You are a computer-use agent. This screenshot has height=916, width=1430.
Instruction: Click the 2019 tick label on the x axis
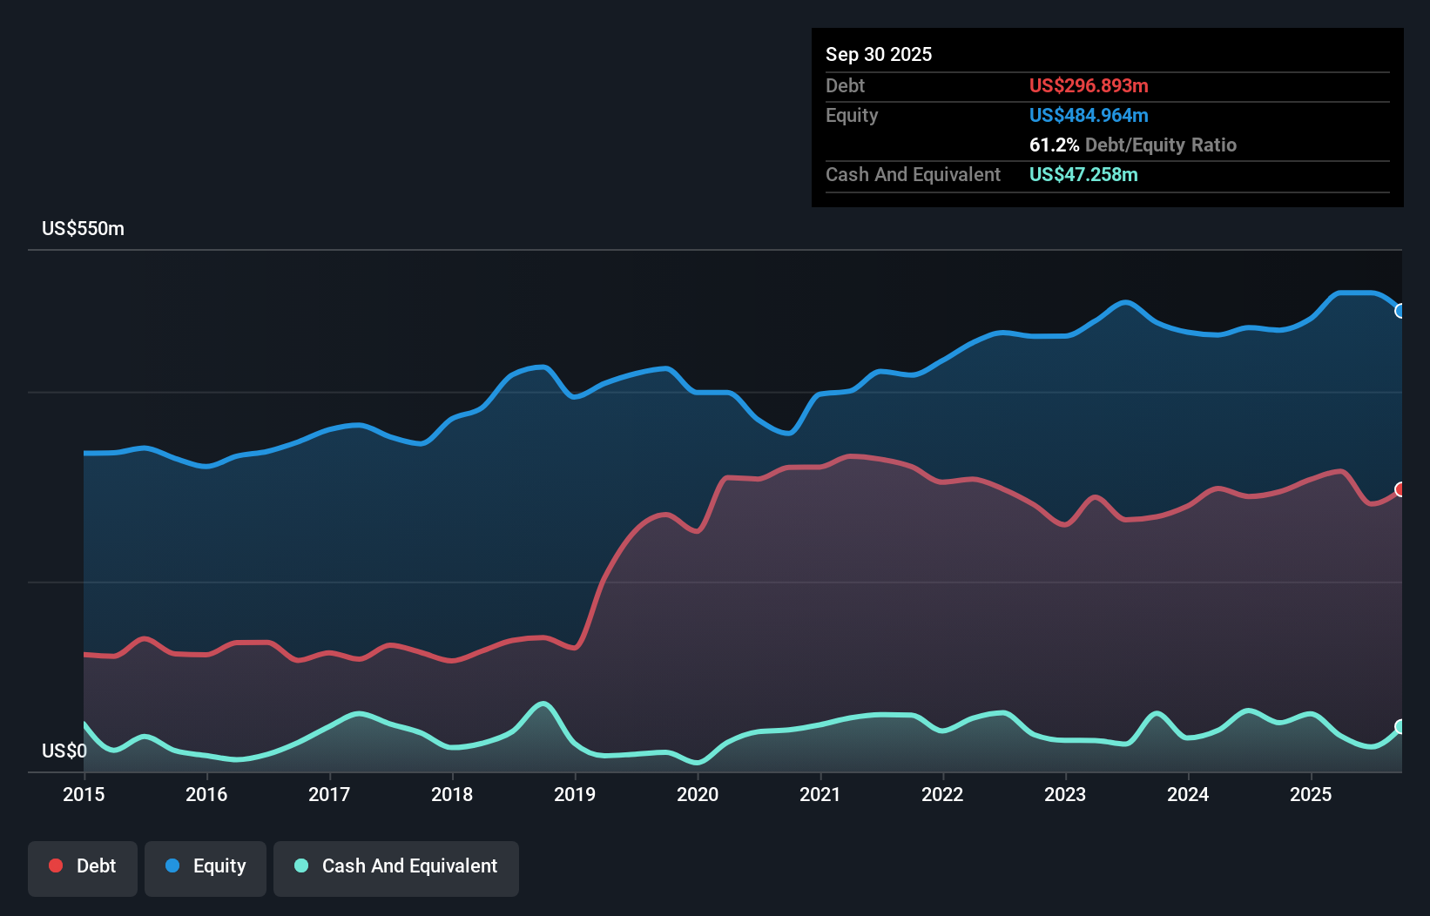click(575, 794)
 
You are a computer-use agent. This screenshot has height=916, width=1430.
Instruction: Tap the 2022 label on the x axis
click(942, 794)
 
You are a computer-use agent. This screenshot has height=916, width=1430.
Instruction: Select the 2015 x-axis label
click(84, 794)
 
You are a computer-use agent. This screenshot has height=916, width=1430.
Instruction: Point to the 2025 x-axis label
click(1311, 794)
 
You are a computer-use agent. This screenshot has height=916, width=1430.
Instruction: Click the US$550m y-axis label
click(83, 228)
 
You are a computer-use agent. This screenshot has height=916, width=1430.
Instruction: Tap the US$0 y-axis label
click(64, 751)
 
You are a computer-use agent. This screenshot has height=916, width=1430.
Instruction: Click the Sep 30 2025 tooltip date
click(878, 54)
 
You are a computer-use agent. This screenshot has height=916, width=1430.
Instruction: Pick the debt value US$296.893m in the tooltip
click(1088, 85)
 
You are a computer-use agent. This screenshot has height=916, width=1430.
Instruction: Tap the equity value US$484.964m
click(1088, 115)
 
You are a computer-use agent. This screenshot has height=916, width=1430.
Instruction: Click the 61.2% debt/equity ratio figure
click(1054, 145)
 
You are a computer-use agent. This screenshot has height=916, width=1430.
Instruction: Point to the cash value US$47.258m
click(1083, 174)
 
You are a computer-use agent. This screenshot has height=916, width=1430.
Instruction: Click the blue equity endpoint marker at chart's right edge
click(1400, 311)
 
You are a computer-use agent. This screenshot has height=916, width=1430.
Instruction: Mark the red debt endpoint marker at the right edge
click(1400, 489)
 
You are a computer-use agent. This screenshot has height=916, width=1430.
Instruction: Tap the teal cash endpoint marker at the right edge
click(1400, 726)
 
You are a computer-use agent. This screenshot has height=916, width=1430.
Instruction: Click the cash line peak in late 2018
click(543, 704)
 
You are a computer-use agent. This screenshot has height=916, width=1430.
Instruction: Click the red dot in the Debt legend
click(56, 865)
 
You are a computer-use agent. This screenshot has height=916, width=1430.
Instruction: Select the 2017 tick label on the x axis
click(329, 794)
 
